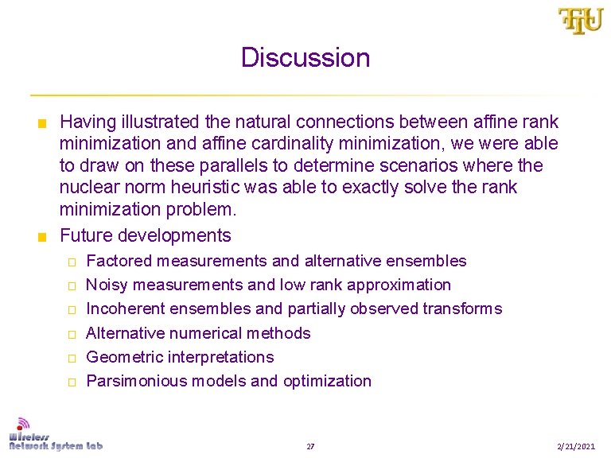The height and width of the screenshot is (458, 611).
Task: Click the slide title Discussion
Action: click(305, 58)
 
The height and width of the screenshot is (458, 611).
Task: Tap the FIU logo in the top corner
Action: click(580, 21)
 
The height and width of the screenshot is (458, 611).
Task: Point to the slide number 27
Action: click(310, 447)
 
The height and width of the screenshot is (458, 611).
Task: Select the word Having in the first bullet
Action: click(88, 122)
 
